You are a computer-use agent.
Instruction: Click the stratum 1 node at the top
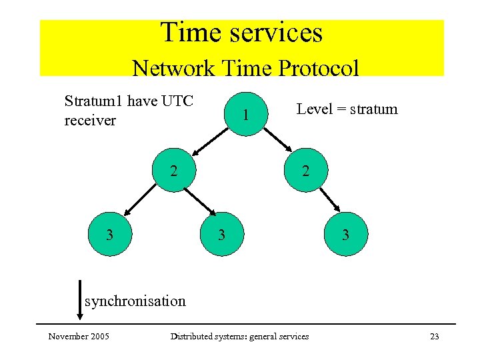246,114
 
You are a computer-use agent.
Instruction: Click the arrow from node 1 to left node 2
207,143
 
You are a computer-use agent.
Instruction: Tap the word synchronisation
135,301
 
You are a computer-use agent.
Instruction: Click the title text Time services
241,33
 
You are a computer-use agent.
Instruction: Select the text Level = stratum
347,109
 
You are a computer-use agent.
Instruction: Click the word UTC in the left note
177,101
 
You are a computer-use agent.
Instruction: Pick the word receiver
90,120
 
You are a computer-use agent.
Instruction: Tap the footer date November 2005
79,336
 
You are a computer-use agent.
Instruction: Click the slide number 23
434,336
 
